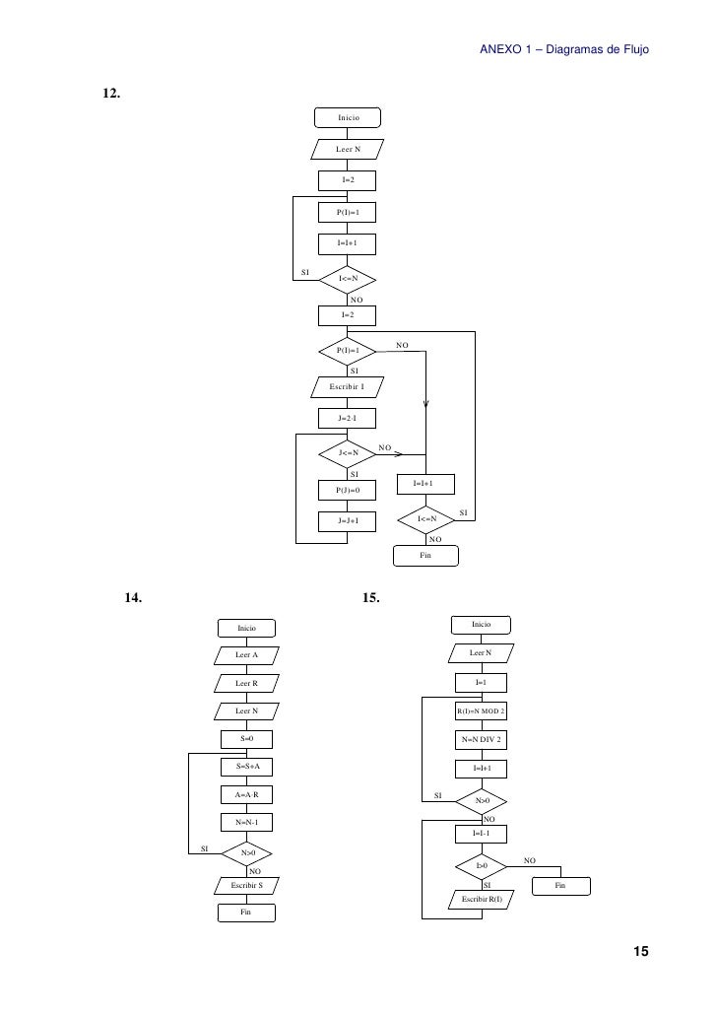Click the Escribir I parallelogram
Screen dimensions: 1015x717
[347, 386]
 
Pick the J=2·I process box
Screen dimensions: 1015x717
[348, 419]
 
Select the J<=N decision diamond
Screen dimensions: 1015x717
[348, 453]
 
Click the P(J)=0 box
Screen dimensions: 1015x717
[348, 489]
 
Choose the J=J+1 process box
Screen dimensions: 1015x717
[348, 520]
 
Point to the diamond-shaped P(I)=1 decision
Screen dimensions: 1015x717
[348, 350]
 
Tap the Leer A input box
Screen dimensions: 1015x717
[246, 655]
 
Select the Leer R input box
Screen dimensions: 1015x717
[246, 683]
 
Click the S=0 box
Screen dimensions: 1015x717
[246, 738]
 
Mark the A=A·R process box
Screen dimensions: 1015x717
[246, 793]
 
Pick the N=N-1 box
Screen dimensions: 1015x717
[246, 821]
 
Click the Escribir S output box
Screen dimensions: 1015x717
[246, 886]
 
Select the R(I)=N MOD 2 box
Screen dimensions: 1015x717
[481, 710]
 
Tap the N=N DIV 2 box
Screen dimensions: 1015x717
[481, 738]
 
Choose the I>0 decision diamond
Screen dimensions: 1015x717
[482, 866]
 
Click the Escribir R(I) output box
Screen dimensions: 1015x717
[482, 900]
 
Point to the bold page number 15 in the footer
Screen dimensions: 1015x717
[640, 952]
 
